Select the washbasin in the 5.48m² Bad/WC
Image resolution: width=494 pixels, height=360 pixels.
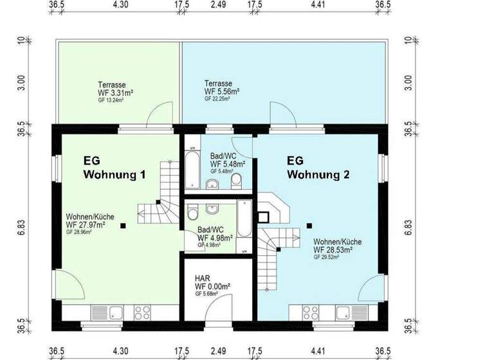click(x=214, y=185)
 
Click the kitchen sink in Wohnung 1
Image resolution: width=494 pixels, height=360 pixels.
click(x=117, y=313)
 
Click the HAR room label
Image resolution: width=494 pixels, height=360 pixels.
click(x=202, y=279)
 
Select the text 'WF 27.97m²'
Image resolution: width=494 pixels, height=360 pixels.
click(x=90, y=225)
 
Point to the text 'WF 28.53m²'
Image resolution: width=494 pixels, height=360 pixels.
click(x=338, y=249)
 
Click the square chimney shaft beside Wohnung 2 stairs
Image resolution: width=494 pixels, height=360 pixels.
click(x=264, y=217)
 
